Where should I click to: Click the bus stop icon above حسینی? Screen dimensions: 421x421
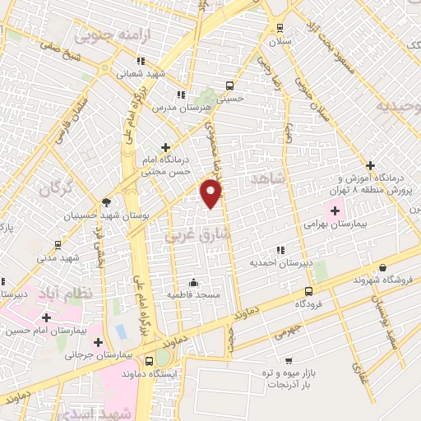[x=229, y=85]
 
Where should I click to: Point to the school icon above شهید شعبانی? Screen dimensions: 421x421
[x=141, y=60]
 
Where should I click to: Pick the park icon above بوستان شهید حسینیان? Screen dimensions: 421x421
[x=105, y=201]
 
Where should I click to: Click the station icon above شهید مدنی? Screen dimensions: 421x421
[x=57, y=244]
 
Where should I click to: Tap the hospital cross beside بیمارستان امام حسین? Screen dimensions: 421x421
[x=46, y=317]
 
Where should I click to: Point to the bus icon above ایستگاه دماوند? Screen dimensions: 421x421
[x=149, y=361]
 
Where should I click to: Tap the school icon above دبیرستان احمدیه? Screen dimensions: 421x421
[x=280, y=250]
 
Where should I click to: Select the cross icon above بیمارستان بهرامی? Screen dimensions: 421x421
[x=334, y=209]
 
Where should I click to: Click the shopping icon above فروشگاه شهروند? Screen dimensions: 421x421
[x=383, y=267]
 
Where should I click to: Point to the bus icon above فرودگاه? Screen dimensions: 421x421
[x=308, y=291]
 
